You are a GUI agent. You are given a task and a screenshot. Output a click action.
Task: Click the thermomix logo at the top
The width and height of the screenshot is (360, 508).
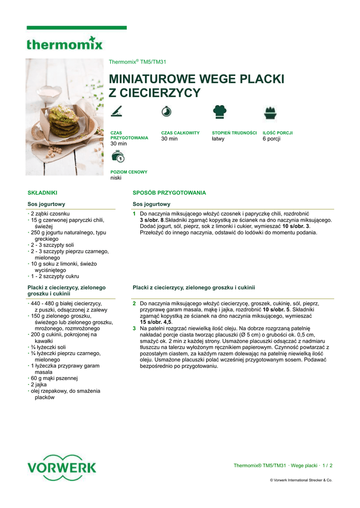(65, 43)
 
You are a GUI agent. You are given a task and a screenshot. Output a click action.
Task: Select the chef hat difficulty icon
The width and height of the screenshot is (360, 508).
(219, 112)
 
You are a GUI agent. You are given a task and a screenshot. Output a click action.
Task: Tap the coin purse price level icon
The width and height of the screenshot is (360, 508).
(117, 157)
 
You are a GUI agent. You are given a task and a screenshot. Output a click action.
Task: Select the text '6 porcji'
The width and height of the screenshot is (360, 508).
(272, 139)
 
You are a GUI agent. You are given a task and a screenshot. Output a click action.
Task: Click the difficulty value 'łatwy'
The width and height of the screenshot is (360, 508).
(218, 139)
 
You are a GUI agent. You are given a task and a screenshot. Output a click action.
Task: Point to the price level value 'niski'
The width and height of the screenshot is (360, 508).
(116, 178)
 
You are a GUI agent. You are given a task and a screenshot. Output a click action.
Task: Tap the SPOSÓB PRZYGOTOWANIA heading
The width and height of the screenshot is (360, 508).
(169, 192)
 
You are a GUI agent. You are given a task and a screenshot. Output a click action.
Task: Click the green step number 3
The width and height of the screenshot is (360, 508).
(134, 328)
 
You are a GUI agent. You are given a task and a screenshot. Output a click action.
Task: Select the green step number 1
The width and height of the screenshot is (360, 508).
(134, 214)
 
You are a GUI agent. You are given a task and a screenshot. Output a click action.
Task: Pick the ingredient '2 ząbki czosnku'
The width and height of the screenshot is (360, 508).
(50, 213)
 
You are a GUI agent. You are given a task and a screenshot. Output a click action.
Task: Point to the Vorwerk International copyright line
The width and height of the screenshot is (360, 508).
(301, 480)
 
